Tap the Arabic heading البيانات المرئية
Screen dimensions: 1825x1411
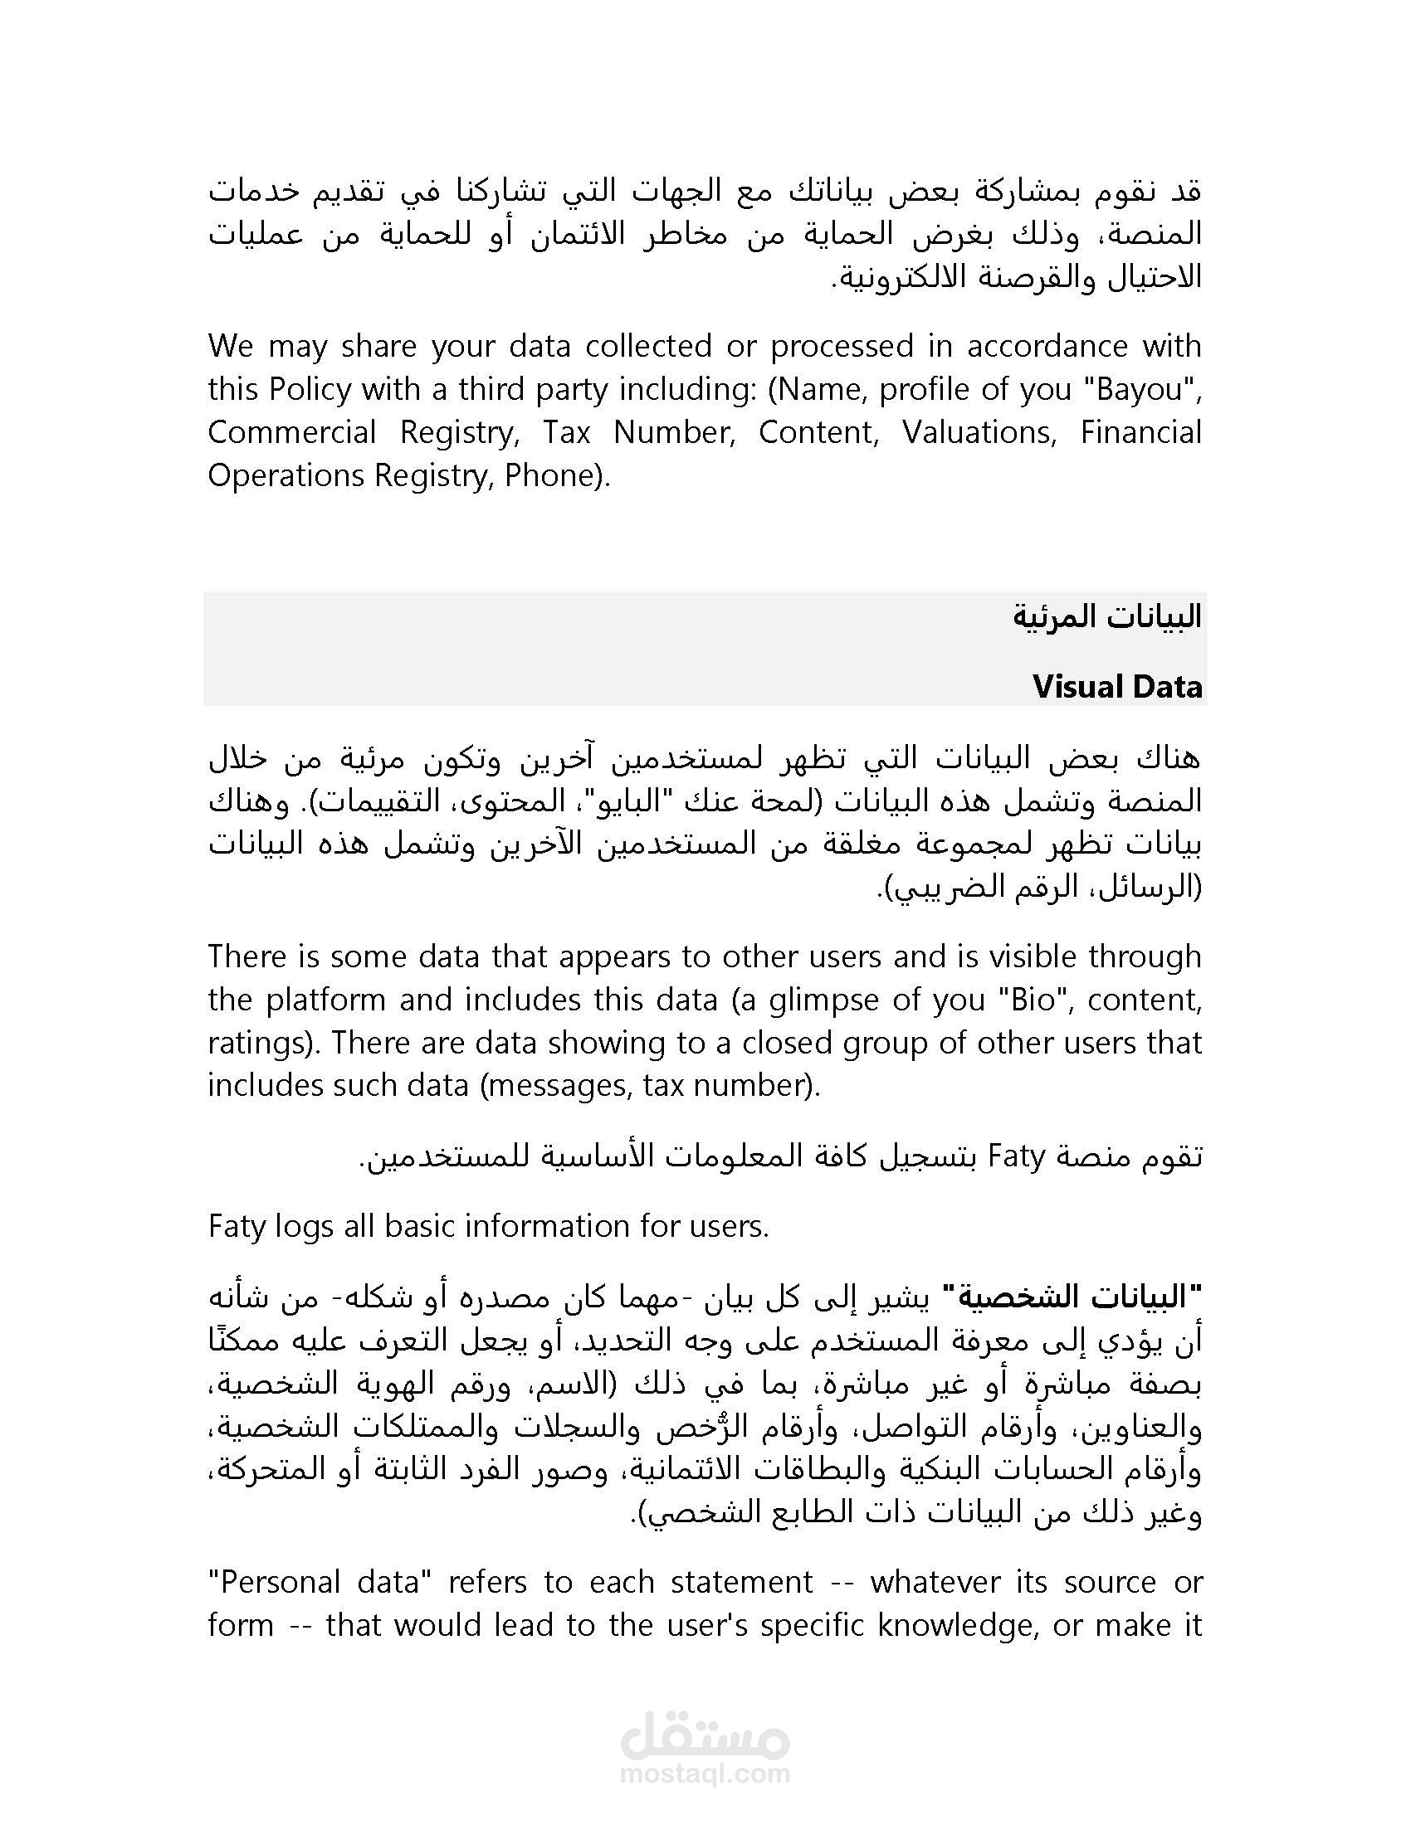pos(1106,616)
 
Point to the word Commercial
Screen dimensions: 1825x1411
pos(291,433)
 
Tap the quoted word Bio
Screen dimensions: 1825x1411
pos(1033,1000)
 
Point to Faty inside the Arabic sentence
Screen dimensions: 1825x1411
pos(1018,1157)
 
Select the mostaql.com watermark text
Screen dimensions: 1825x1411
pos(705,1774)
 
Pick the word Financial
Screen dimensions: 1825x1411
pos(1140,433)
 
